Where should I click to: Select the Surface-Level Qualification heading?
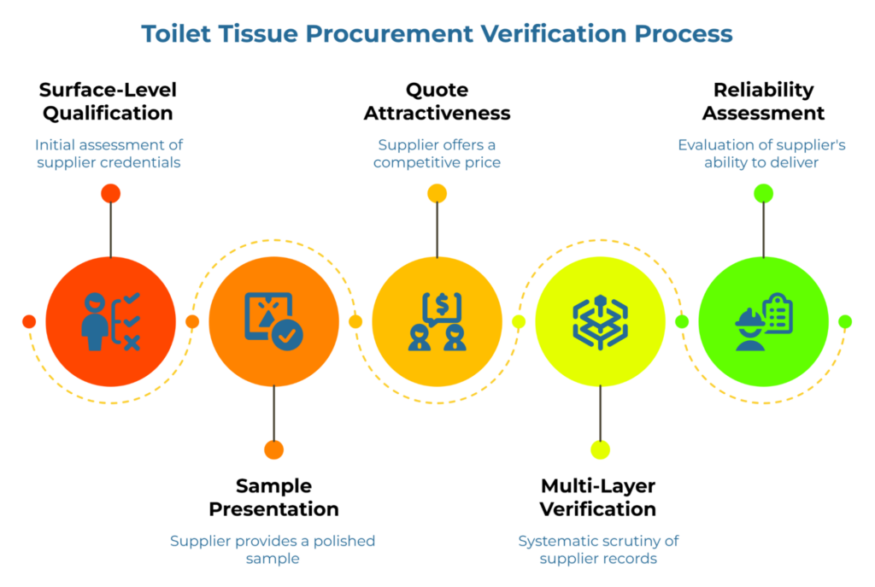108,101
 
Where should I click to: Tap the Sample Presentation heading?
273,497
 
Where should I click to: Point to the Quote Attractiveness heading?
437,101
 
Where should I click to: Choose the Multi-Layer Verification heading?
599,497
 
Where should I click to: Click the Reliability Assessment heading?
763,101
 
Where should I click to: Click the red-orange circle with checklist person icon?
110,321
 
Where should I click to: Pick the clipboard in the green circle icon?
778,313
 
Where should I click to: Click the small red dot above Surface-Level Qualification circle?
110,193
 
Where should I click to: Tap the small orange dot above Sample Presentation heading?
273,449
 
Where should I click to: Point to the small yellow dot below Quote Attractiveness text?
437,193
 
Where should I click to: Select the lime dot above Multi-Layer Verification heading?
600,449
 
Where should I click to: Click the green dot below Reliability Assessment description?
763,193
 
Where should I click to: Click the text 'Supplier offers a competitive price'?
437,154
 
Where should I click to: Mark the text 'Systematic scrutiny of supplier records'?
599,549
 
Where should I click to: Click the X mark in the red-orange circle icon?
132,343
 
